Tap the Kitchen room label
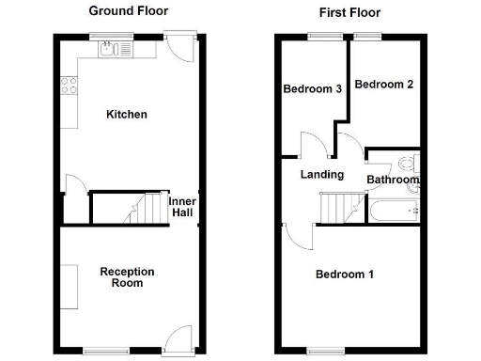(126, 115)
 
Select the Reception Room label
(127, 277)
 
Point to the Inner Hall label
(182, 207)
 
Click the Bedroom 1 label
(345, 275)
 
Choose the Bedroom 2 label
(385, 85)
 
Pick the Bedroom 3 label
(312, 89)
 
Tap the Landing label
(321, 175)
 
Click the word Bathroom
(393, 180)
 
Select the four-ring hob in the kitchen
(69, 86)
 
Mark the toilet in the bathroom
(409, 161)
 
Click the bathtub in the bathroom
(392, 211)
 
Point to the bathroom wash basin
(413, 188)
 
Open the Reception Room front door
(175, 337)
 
